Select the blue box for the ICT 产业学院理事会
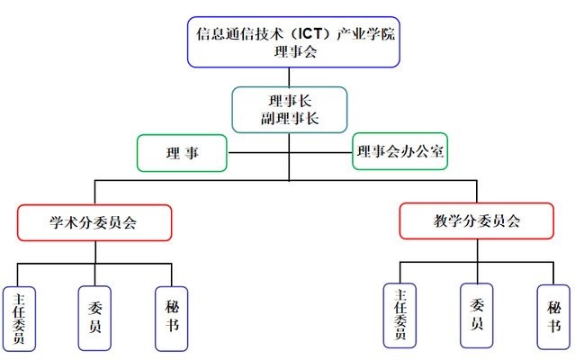[x=294, y=42]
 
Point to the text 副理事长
[x=288, y=118]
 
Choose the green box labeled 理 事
[x=182, y=153]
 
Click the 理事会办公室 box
[x=400, y=151]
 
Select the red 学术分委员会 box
[x=94, y=221]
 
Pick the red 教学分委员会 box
[x=477, y=220]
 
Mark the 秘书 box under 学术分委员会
[x=172, y=318]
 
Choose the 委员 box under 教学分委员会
[x=477, y=314]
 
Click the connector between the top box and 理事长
[x=288, y=76]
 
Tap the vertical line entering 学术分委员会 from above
[x=94, y=193]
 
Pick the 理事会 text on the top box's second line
[x=294, y=51]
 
